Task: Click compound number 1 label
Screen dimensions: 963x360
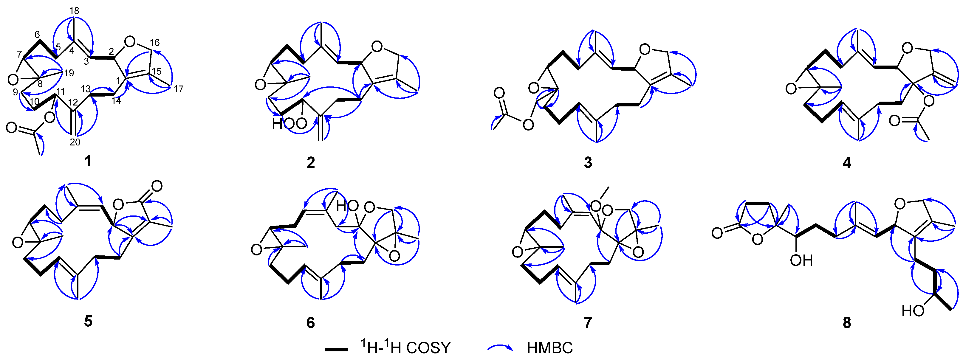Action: click(88, 161)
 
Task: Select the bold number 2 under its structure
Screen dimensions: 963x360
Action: click(311, 162)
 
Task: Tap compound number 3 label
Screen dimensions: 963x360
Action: click(588, 162)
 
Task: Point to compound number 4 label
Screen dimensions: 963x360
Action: click(847, 162)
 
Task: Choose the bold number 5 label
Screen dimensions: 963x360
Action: click(88, 321)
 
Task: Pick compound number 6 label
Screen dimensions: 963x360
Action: click(311, 322)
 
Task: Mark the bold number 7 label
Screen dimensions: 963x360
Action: click(588, 322)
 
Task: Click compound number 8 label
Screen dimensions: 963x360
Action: click(847, 322)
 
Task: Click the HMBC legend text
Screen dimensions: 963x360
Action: click(549, 348)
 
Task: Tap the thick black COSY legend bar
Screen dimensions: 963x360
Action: click(336, 350)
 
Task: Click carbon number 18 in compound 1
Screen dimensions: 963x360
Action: click(75, 11)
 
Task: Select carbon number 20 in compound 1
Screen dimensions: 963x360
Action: click(75, 142)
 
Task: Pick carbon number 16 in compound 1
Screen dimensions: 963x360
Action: click(155, 43)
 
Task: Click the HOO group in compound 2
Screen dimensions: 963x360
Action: click(289, 124)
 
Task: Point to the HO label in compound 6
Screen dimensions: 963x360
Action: click(347, 206)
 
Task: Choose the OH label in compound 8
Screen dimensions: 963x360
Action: click(801, 260)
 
